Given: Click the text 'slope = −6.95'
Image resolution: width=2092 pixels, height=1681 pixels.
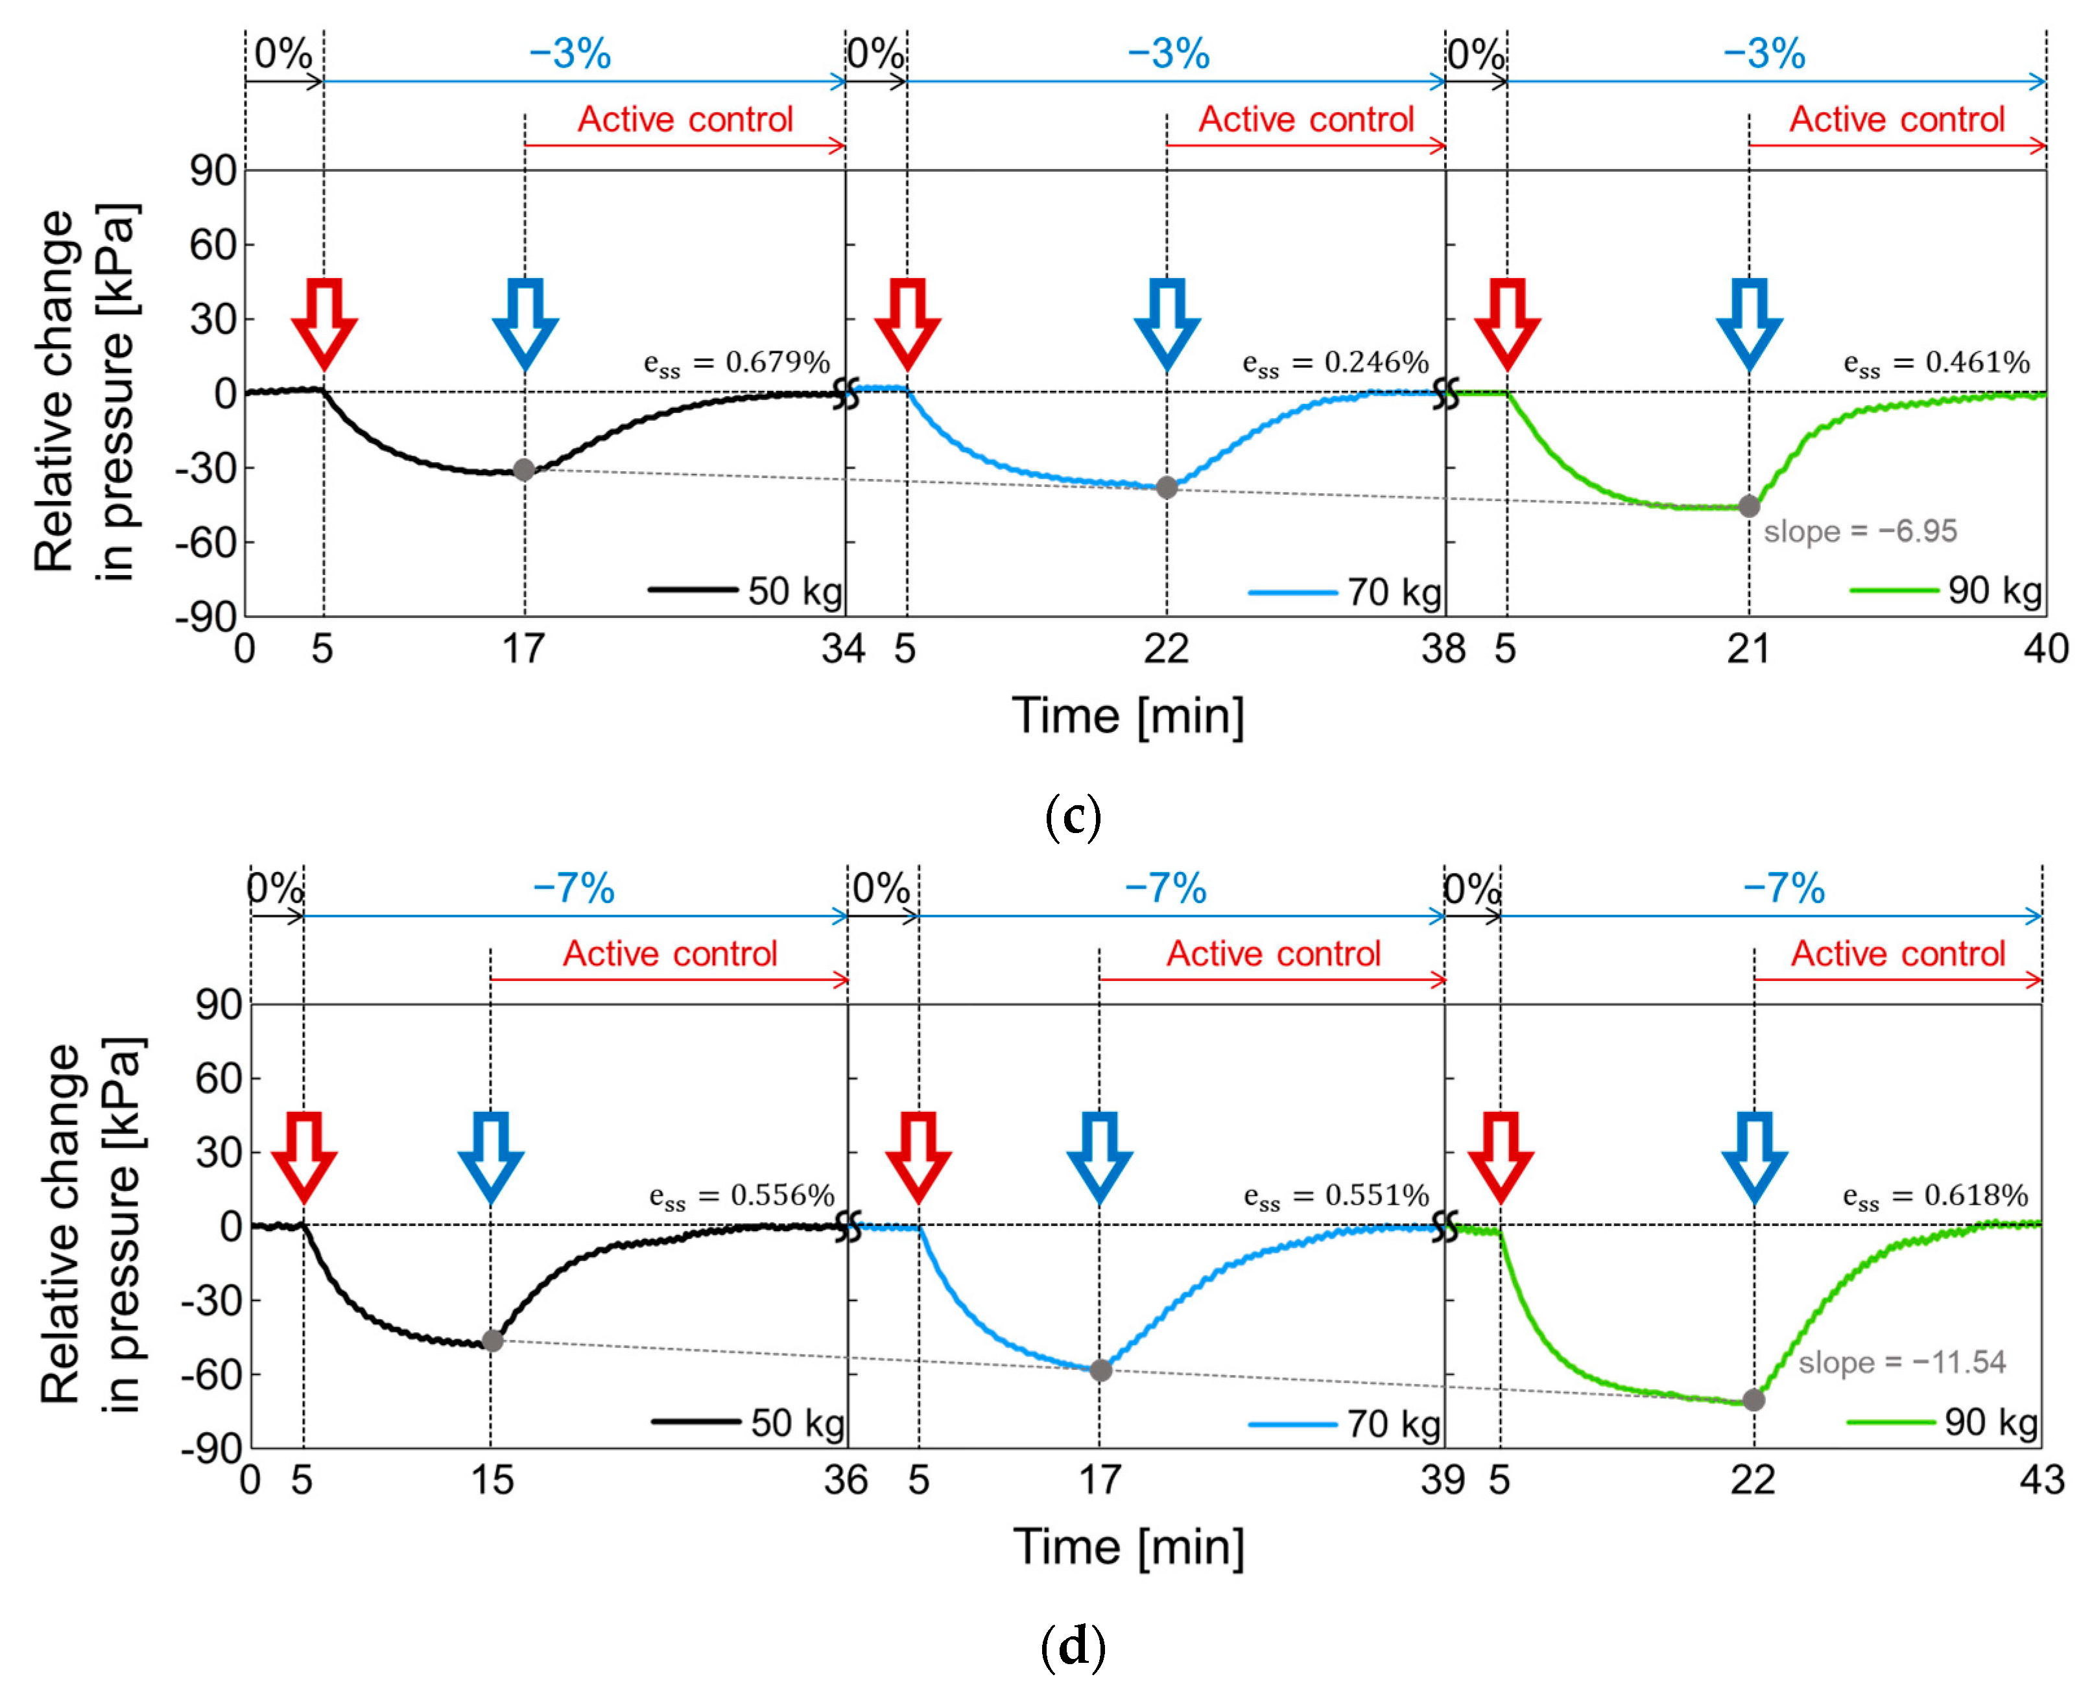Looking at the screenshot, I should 1859,532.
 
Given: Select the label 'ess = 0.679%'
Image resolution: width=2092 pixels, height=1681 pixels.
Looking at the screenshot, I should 737,363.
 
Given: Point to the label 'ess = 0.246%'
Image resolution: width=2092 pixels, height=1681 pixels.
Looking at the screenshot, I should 1335,363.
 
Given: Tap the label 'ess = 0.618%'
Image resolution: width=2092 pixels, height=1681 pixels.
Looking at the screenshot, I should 1935,1196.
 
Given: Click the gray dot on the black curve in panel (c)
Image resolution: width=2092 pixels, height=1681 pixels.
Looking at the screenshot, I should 524,471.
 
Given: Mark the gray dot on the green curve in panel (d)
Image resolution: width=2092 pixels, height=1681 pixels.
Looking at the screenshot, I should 1753,1400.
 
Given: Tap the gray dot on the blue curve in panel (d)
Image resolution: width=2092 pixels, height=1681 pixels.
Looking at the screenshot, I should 1100,1370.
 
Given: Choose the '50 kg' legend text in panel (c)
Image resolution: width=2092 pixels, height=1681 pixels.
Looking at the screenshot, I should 794,591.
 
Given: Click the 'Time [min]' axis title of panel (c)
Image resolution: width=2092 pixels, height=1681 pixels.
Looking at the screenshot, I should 1128,716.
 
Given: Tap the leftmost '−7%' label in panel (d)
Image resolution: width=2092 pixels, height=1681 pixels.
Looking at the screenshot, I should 573,889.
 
